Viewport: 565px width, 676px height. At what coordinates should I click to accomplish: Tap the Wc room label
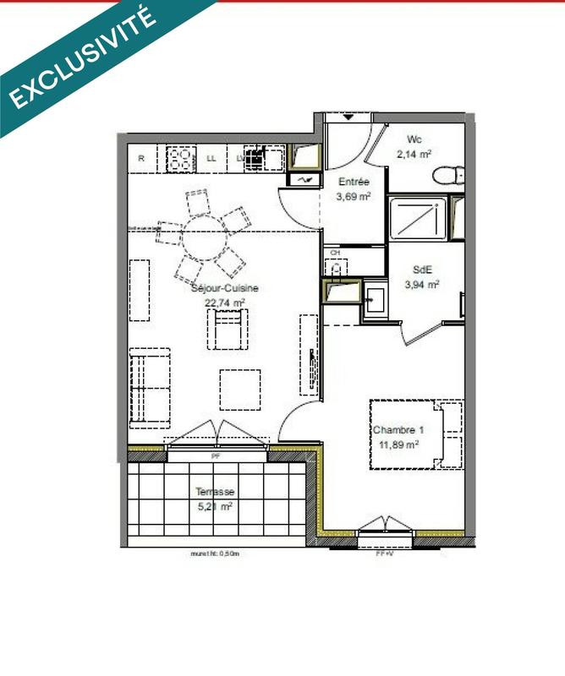[414, 139]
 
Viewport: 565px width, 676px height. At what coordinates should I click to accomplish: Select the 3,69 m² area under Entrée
[354, 197]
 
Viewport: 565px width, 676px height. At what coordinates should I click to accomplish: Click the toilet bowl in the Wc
[447, 175]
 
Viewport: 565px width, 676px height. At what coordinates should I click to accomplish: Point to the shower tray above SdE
[418, 218]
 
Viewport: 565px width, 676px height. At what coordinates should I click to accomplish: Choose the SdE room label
[422, 270]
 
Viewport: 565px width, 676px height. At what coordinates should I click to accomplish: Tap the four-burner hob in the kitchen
[179, 157]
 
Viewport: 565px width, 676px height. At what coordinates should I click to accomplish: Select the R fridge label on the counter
[141, 158]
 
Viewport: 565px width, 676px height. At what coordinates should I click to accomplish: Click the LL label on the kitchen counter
[211, 158]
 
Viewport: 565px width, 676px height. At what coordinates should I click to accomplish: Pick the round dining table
[203, 243]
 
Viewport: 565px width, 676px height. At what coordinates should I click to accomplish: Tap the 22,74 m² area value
[224, 302]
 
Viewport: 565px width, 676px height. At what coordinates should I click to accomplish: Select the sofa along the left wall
[149, 386]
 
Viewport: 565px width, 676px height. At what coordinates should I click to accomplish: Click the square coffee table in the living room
[240, 389]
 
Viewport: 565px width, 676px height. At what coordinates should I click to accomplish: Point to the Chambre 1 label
[398, 430]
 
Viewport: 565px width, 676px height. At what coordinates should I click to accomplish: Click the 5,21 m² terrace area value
[214, 507]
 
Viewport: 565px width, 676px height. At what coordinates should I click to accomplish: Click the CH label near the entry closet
[335, 253]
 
